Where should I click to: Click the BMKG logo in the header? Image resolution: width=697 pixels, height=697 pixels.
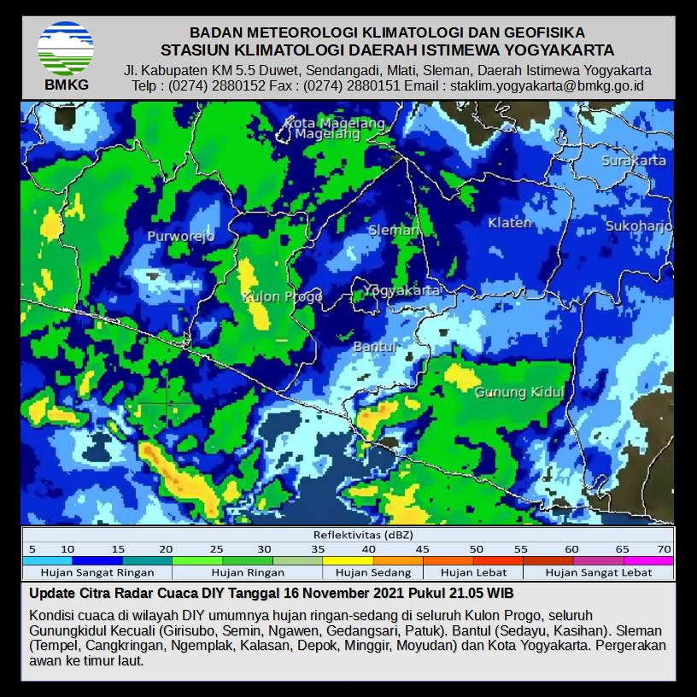point(66,55)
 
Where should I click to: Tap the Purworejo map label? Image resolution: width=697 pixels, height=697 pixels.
point(180,237)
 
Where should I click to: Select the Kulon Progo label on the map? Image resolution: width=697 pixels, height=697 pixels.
point(283,296)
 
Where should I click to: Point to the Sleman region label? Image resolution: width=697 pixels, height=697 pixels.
point(394,231)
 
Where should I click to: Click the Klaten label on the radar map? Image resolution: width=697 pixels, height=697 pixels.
point(509,223)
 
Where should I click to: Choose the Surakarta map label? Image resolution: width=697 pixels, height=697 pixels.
point(633,161)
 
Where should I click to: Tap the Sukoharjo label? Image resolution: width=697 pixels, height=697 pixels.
point(639,226)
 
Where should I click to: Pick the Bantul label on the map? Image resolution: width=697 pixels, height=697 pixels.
point(374,347)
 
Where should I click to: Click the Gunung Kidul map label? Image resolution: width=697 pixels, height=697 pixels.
point(519,392)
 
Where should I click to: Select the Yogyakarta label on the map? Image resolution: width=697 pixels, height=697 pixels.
point(401,290)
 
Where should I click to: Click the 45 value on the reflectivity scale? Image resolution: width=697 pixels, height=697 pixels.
point(422,548)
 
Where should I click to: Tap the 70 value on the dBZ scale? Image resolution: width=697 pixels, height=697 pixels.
point(665,548)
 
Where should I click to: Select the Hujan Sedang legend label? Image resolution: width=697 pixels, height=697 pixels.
point(372,572)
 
